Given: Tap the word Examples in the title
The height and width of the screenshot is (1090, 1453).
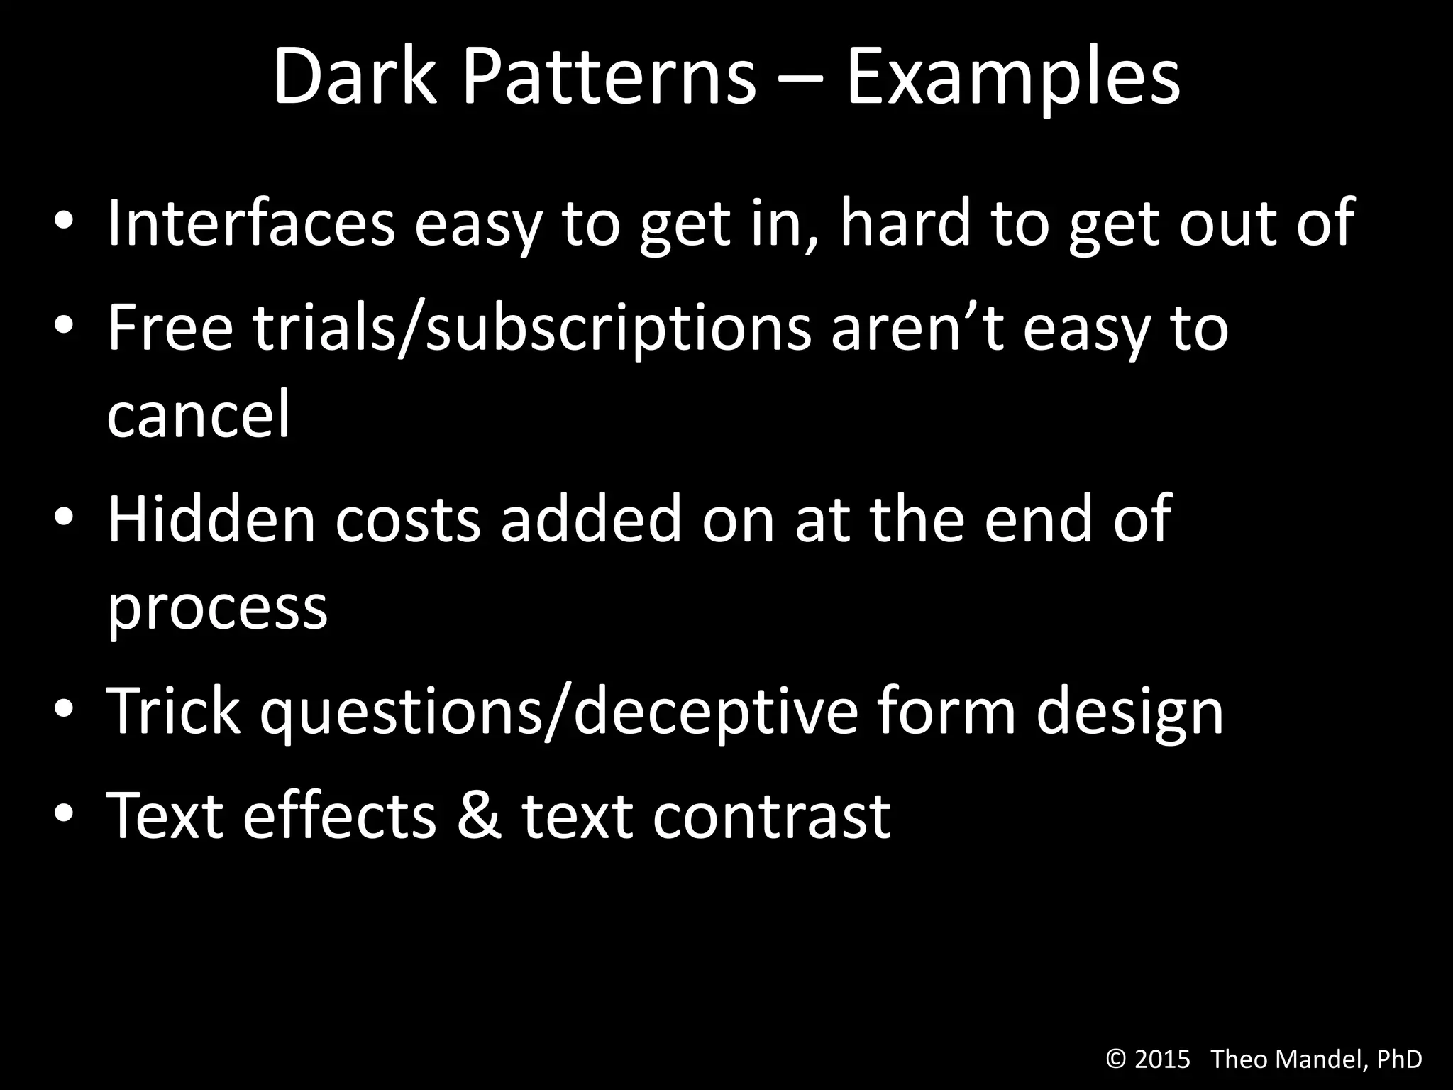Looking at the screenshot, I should click(x=1012, y=78).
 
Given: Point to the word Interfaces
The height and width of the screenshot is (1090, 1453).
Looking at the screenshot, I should click(x=250, y=223).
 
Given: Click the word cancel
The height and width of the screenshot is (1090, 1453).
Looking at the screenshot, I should click(x=199, y=414).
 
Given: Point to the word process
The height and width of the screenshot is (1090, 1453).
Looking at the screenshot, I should click(x=217, y=607).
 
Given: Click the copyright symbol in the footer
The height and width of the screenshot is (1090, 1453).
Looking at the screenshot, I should click(x=1116, y=1059).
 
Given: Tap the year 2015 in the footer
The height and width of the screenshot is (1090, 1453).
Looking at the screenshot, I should click(x=1163, y=1059).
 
